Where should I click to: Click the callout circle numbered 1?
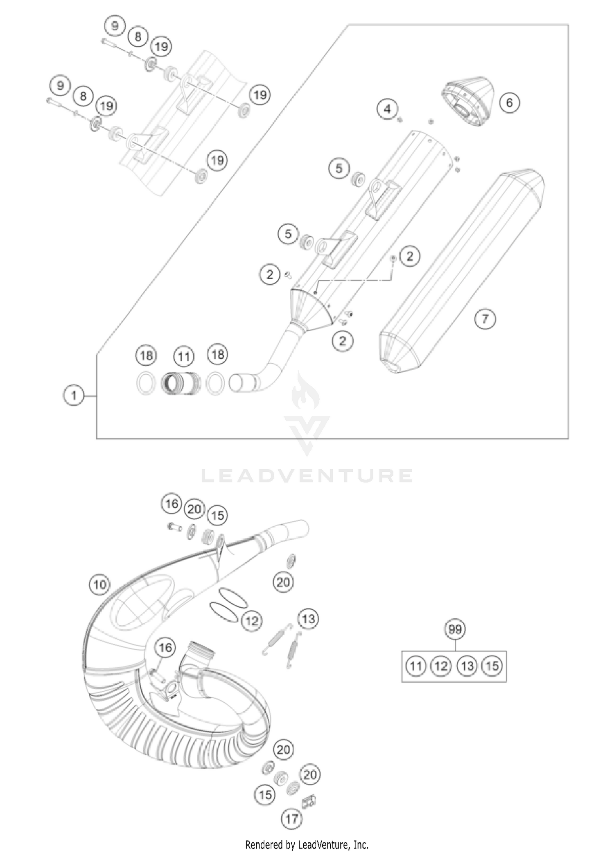coord(74,396)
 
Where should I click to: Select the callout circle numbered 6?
coord(509,102)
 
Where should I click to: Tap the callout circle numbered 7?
coord(485,318)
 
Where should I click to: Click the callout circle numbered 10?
coord(100,584)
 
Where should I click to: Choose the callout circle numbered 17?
coord(291,819)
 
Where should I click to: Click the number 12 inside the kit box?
coord(441,666)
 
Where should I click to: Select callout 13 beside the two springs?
coord(308,619)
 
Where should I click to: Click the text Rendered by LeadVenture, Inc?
coord(307,844)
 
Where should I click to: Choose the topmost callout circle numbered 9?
coord(115,26)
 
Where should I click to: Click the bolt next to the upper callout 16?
coord(174,527)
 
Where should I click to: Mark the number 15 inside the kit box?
coord(492,666)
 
